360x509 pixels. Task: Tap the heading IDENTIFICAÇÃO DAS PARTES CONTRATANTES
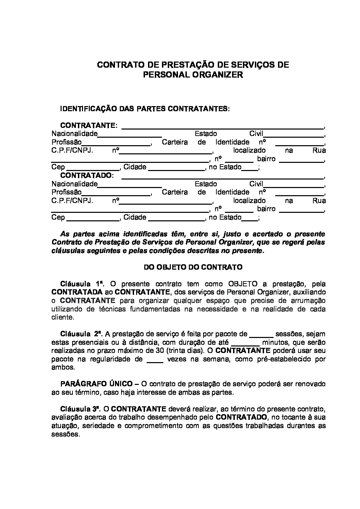(145, 109)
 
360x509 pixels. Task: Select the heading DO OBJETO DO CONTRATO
(193, 267)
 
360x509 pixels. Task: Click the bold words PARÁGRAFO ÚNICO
(97, 384)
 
